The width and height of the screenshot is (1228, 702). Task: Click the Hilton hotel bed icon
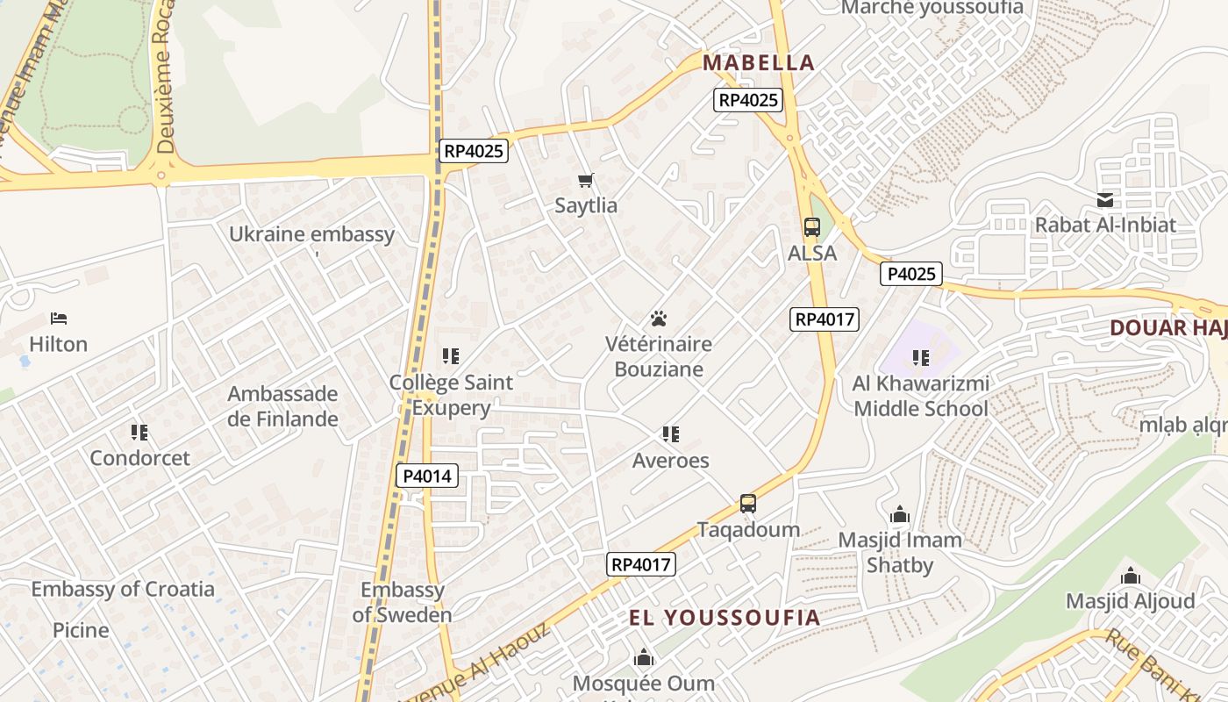point(59,318)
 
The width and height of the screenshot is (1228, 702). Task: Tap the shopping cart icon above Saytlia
point(586,181)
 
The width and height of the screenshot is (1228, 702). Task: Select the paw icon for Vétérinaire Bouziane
point(659,318)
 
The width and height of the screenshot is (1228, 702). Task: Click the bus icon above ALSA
point(812,227)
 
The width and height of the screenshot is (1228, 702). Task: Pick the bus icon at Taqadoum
point(748,504)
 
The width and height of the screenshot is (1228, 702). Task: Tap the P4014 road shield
point(427,476)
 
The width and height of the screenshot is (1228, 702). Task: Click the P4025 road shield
point(911,274)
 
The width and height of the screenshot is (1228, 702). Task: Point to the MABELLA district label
point(759,62)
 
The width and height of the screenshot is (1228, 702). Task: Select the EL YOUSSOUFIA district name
point(725,617)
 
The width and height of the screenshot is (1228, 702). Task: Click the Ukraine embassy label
point(311,234)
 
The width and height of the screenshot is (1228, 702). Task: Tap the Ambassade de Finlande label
point(282,406)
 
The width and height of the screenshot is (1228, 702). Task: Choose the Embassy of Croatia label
point(123,589)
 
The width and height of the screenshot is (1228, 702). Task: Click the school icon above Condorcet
point(139,432)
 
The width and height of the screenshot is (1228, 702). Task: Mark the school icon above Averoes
point(671,434)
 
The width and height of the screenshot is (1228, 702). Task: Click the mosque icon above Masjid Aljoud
point(1131,577)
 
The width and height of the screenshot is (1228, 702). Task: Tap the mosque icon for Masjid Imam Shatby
point(900,515)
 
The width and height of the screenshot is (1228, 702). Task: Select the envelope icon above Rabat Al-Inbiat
point(1105,200)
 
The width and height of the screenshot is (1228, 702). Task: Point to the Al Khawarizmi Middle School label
point(921,396)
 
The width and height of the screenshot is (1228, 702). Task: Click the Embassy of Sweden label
point(402,602)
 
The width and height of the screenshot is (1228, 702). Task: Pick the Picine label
point(81,630)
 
